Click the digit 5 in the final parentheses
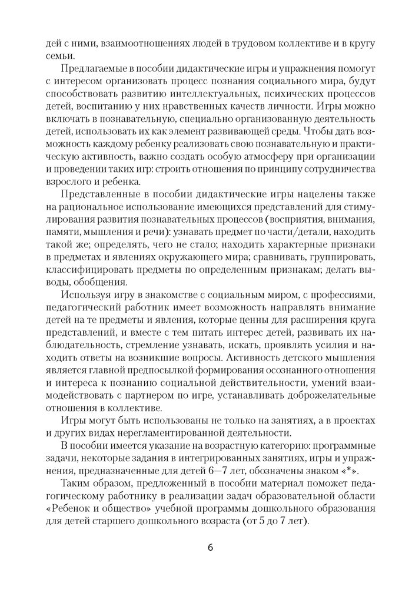click(265, 519)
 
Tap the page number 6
click(210, 547)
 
